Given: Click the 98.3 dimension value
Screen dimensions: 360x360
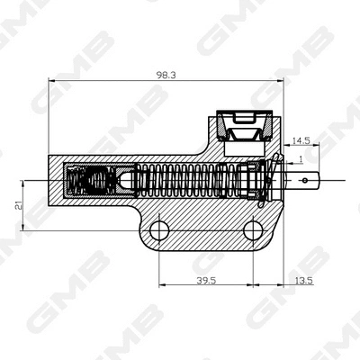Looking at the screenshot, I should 166,76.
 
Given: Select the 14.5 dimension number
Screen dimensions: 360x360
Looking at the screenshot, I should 301,139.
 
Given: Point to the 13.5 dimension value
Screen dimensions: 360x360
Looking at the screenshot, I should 303,281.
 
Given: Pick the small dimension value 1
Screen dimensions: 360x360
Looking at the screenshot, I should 300,159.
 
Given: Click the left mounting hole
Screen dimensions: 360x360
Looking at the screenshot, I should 160,229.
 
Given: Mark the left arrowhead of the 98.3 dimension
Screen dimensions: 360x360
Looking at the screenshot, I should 49,83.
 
